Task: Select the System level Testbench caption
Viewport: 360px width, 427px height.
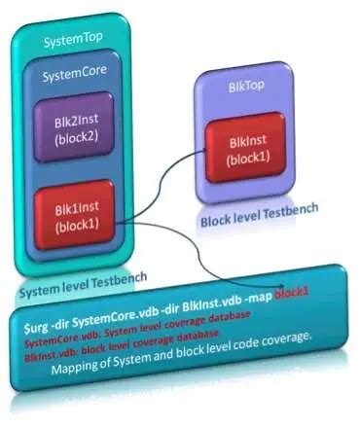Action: tap(83, 281)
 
